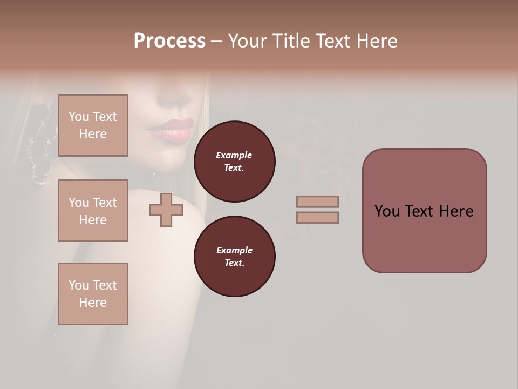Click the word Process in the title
point(169,41)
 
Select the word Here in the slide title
point(376,41)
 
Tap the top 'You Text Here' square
point(93,125)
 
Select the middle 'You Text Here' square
point(93,211)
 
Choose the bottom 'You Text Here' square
point(93,294)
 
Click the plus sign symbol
point(166,210)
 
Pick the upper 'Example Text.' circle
point(234,162)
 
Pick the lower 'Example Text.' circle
point(234,257)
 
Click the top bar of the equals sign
point(317,202)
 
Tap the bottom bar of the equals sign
point(317,218)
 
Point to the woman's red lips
point(172,130)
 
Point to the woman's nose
point(175,97)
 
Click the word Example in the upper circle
point(234,155)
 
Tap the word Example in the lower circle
point(234,250)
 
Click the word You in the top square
point(78,117)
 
